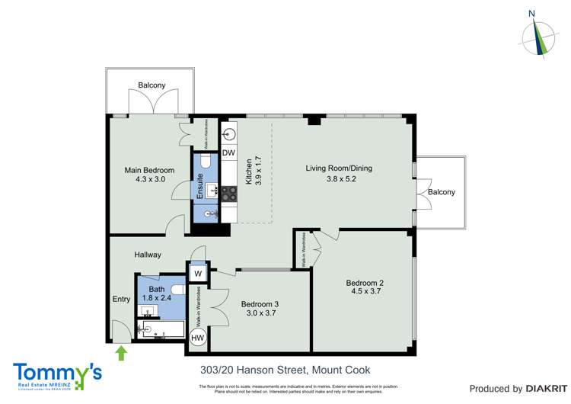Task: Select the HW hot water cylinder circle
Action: tap(197, 338)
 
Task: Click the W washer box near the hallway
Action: tap(197, 273)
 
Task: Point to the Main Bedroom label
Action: tap(150, 170)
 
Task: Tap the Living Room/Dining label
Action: tap(339, 168)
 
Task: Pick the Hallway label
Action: tap(148, 255)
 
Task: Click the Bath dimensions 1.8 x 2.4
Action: tap(157, 299)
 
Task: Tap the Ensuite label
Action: tap(199, 188)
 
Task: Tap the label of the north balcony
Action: tap(152, 85)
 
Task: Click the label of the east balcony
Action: tap(441, 192)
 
